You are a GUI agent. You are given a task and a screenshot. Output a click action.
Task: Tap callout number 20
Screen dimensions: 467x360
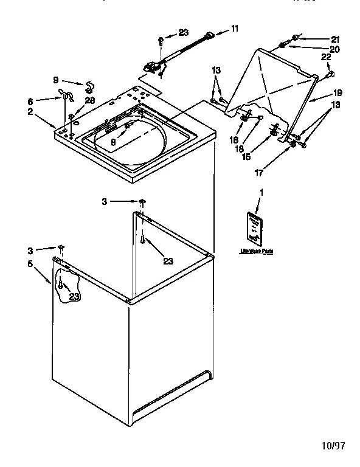pos(334,49)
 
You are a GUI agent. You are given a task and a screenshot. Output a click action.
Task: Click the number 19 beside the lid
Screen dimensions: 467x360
pos(337,93)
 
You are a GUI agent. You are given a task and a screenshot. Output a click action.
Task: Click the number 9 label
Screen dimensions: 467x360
pos(55,80)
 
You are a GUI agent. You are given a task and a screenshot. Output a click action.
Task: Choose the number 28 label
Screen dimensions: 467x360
pos(90,100)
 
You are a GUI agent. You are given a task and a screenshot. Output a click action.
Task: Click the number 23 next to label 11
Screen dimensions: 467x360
pos(183,33)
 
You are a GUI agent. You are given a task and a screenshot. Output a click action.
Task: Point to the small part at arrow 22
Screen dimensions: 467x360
pos(331,75)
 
